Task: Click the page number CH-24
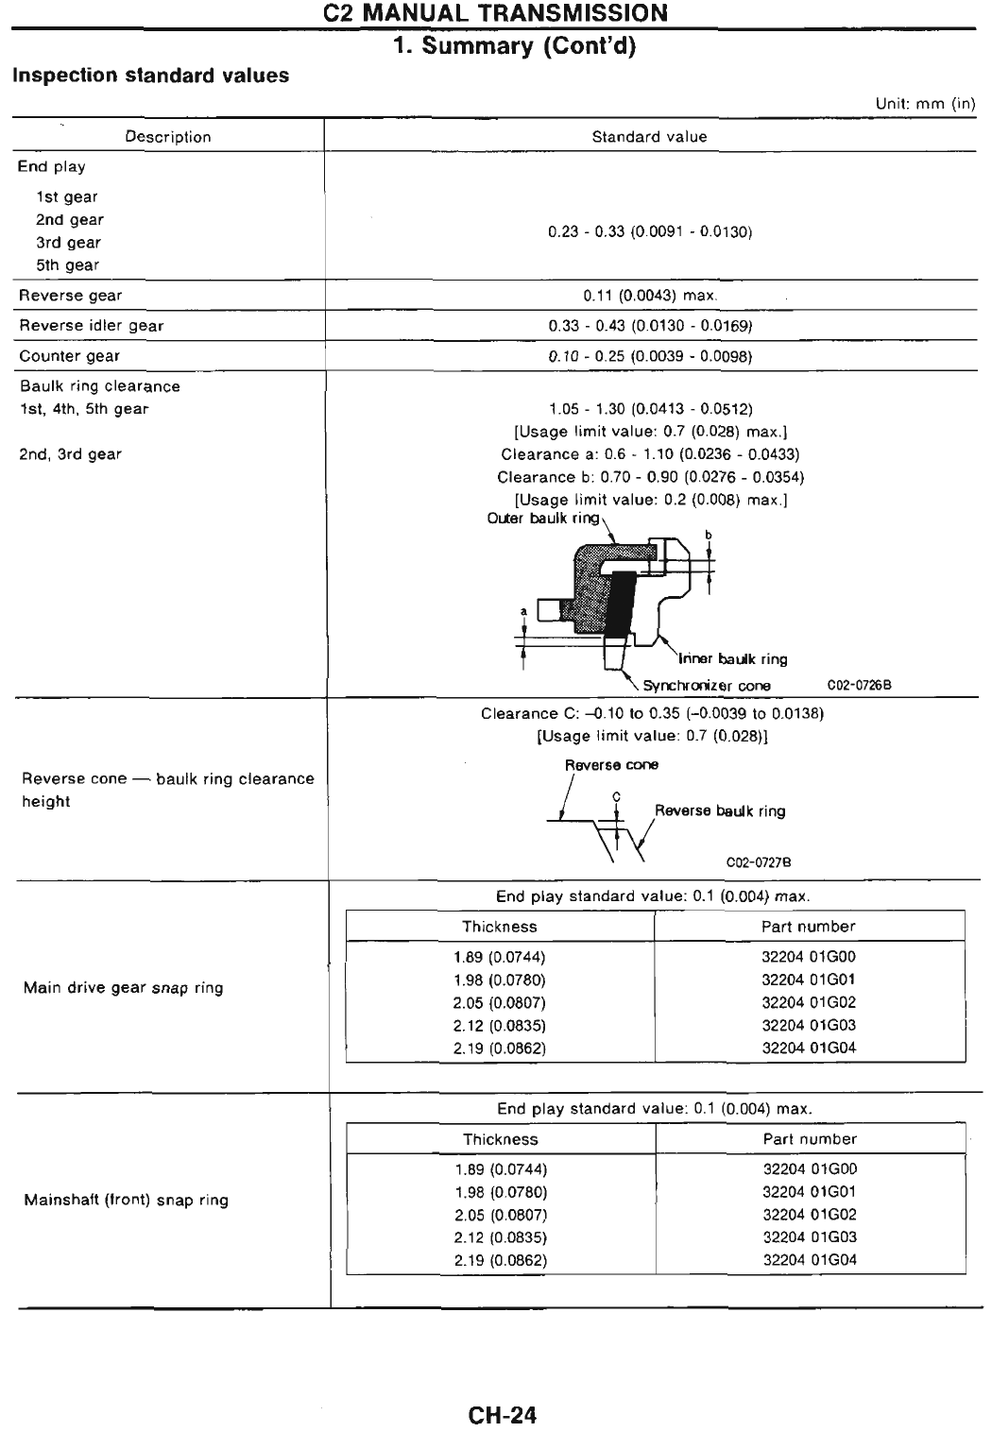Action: pos(502,1415)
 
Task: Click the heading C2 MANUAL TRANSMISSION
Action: pos(495,13)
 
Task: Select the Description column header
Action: pos(168,137)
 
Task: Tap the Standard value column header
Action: pos(649,137)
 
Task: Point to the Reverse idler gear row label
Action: pos(92,326)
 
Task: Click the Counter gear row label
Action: pos(70,356)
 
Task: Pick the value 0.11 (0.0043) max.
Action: pos(650,296)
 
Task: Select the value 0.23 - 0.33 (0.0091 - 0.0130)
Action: pos(650,231)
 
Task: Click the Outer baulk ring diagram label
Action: pos(543,519)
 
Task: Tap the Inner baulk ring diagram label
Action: pos(733,659)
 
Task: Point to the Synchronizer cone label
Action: pos(707,686)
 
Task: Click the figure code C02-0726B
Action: pos(859,686)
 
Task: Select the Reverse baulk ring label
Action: pos(720,811)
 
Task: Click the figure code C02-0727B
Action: pos(758,862)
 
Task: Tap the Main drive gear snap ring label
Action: pos(124,988)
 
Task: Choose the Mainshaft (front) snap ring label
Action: pos(127,1201)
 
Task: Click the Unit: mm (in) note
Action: pos(925,104)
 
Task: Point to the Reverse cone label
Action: pos(611,765)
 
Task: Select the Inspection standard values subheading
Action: pos(151,76)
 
